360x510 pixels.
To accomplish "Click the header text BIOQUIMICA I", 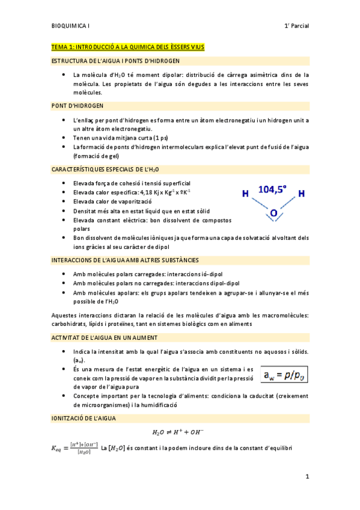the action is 70,26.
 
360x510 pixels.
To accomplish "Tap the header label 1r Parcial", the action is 296,26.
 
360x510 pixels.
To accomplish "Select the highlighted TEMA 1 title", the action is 128,46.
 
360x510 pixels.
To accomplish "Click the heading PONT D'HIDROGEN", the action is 78,106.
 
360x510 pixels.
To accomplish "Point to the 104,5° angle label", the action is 272,189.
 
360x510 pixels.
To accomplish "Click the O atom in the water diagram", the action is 273,213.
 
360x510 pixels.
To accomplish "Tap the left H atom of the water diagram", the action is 245,194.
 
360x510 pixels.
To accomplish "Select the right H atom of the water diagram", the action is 301,194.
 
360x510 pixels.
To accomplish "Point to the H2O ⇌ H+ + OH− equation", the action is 180,432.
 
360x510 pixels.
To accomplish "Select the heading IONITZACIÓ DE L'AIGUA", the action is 84,417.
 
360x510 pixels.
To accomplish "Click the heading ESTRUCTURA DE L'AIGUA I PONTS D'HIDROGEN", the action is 115,61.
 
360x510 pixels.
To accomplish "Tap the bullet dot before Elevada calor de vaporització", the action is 64,201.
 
